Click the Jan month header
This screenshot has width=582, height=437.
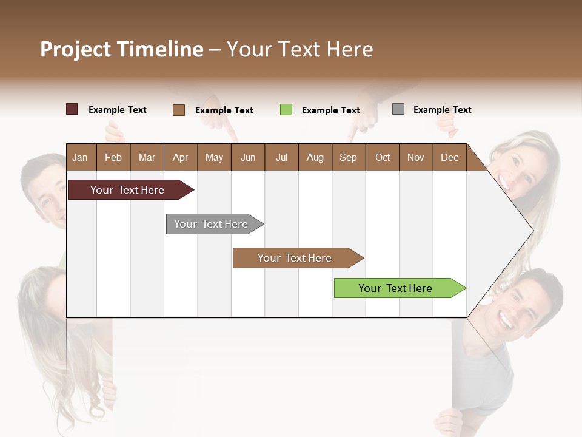point(80,157)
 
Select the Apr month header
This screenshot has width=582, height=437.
point(180,157)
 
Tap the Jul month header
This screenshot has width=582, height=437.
point(281,157)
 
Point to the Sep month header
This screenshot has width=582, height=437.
point(348,157)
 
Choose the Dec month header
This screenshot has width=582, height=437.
point(449,157)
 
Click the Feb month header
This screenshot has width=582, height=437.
point(113,157)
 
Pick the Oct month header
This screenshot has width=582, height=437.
point(383,157)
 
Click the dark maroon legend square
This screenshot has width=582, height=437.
point(72,109)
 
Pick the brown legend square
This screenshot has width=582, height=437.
point(178,110)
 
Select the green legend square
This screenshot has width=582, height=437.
point(286,110)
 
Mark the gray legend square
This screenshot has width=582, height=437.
point(398,109)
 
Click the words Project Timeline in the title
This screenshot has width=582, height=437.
point(122,49)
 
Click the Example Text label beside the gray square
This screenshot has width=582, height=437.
point(442,110)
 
